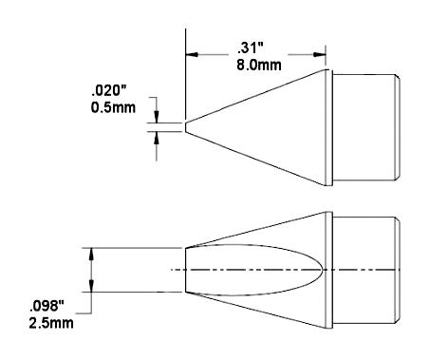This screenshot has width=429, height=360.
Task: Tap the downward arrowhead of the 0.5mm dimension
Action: (157, 117)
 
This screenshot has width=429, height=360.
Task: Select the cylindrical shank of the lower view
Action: (366, 270)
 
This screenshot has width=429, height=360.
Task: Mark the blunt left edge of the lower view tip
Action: (184, 270)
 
